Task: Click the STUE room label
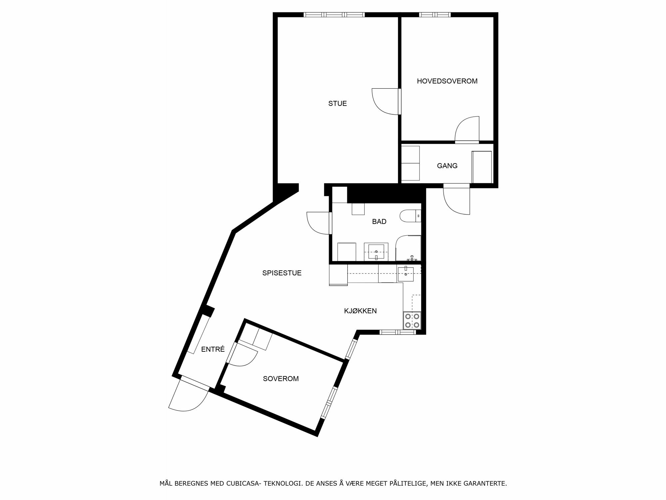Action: (x=337, y=104)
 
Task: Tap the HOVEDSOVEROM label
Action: (x=447, y=81)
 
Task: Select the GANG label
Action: (x=447, y=166)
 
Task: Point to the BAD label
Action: (x=379, y=222)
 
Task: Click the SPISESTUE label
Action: (x=282, y=273)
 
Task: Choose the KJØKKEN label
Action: (x=360, y=311)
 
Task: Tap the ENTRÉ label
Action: (x=213, y=349)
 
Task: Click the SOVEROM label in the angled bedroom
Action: (x=281, y=379)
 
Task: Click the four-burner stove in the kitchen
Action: (x=412, y=321)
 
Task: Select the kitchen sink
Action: (x=406, y=274)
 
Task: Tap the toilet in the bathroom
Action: (x=411, y=216)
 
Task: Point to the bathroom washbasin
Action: (x=376, y=252)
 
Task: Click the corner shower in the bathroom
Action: (x=408, y=248)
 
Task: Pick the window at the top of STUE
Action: (x=334, y=15)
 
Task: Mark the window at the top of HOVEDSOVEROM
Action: (x=435, y=15)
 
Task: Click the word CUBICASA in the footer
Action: (x=243, y=483)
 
